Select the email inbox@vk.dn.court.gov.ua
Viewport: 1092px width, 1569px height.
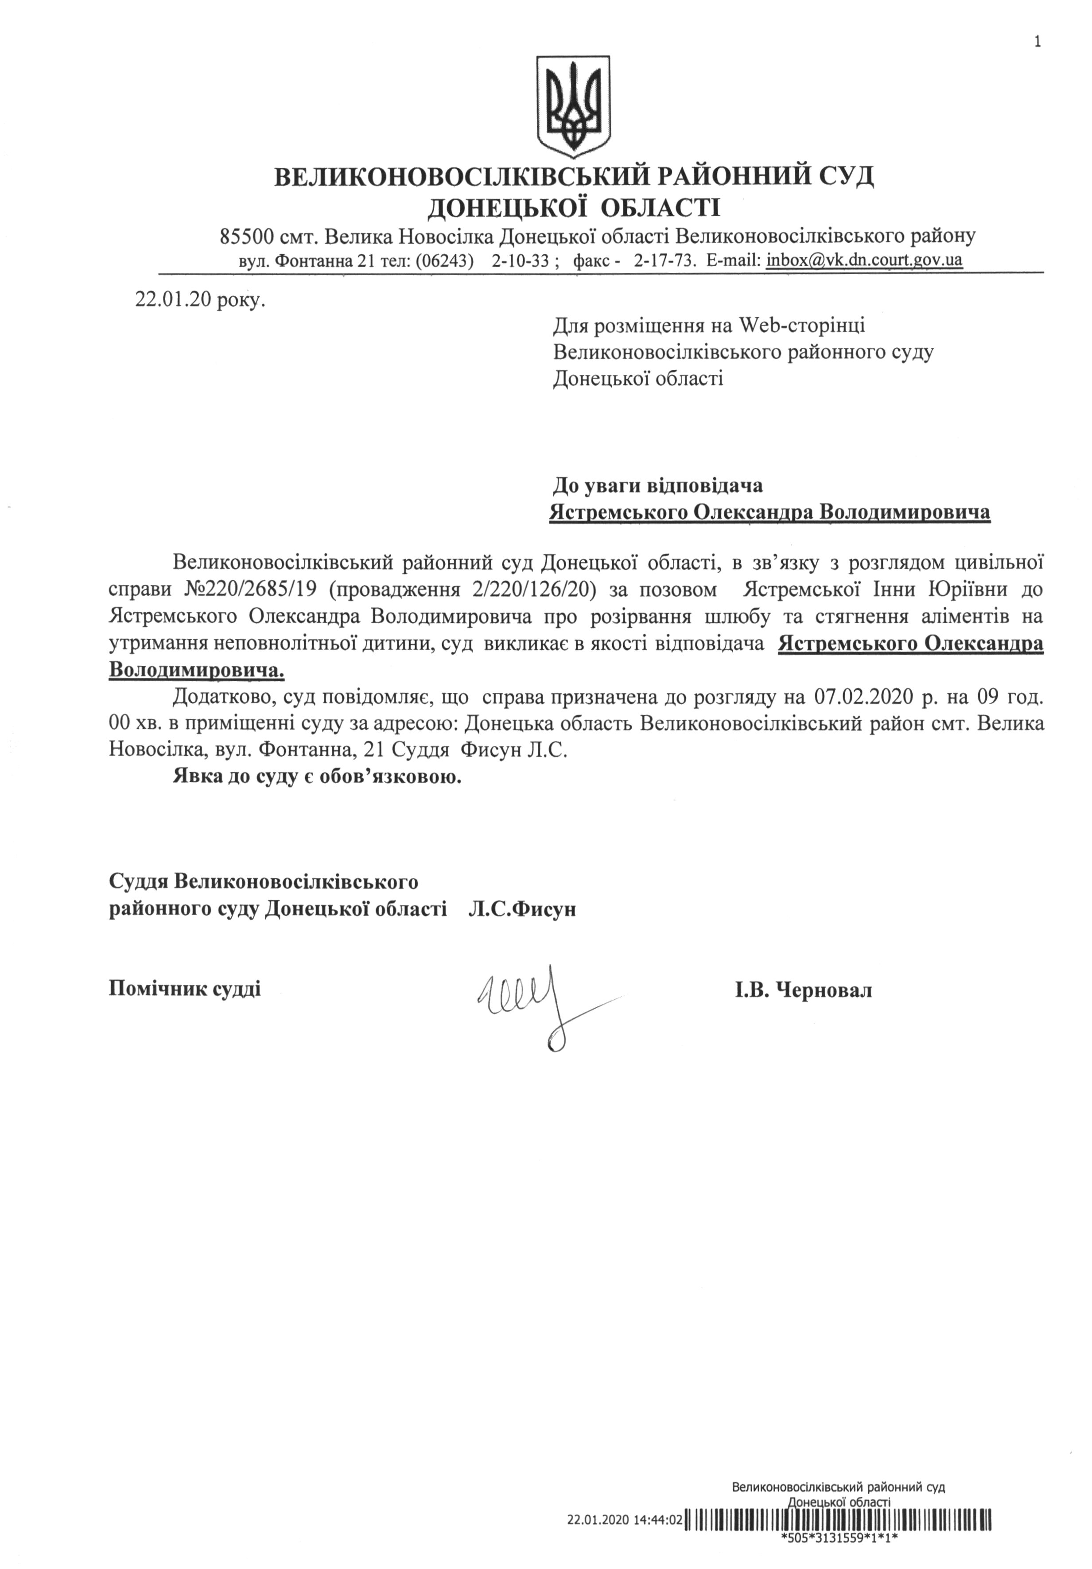point(864,260)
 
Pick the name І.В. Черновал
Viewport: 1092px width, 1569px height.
point(803,990)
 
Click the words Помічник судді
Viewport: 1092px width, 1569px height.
point(184,988)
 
